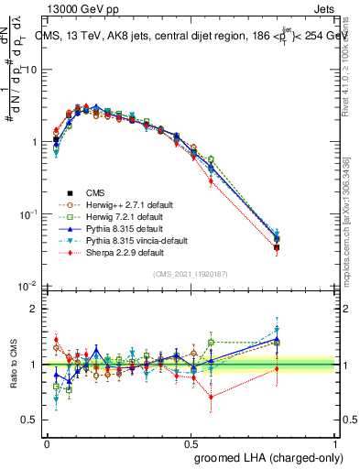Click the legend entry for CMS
96,192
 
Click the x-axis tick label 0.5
191,442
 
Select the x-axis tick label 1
334,442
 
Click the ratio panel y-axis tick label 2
35,309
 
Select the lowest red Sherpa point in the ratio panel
211,397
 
